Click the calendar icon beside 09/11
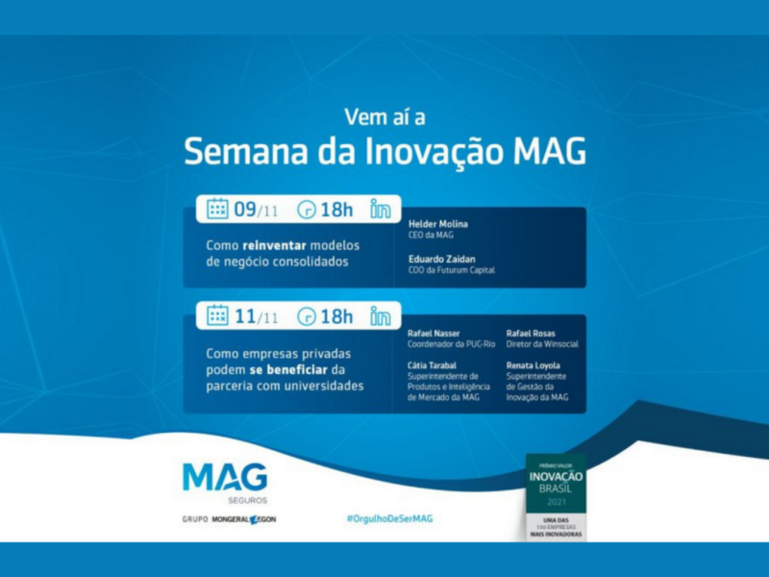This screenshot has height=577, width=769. (217, 209)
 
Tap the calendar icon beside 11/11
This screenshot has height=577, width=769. (217, 315)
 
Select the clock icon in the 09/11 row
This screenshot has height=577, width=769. (307, 209)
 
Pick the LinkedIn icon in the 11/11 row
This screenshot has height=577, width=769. (381, 315)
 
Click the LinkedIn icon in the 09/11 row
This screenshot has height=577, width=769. (381, 209)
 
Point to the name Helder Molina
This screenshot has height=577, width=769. (438, 224)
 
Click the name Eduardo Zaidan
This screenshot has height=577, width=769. (440, 259)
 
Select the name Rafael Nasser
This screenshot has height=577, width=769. (434, 333)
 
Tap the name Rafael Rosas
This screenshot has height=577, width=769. (530, 333)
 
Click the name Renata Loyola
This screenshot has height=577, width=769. (534, 366)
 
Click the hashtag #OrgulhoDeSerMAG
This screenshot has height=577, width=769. (389, 517)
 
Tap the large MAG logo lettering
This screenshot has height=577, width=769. (225, 478)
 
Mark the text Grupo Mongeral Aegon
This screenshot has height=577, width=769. (229, 519)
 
